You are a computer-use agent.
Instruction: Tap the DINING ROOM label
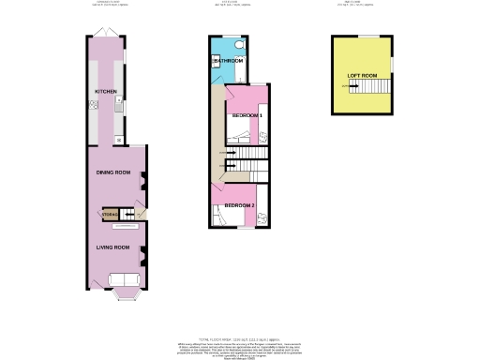click(113, 172)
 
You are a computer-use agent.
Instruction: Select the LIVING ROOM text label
click(113, 246)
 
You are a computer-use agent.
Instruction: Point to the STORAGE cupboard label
click(109, 215)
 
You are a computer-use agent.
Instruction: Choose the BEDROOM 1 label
click(247, 114)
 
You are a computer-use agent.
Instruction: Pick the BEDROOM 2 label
click(238, 205)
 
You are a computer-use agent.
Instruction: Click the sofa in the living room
click(123, 279)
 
